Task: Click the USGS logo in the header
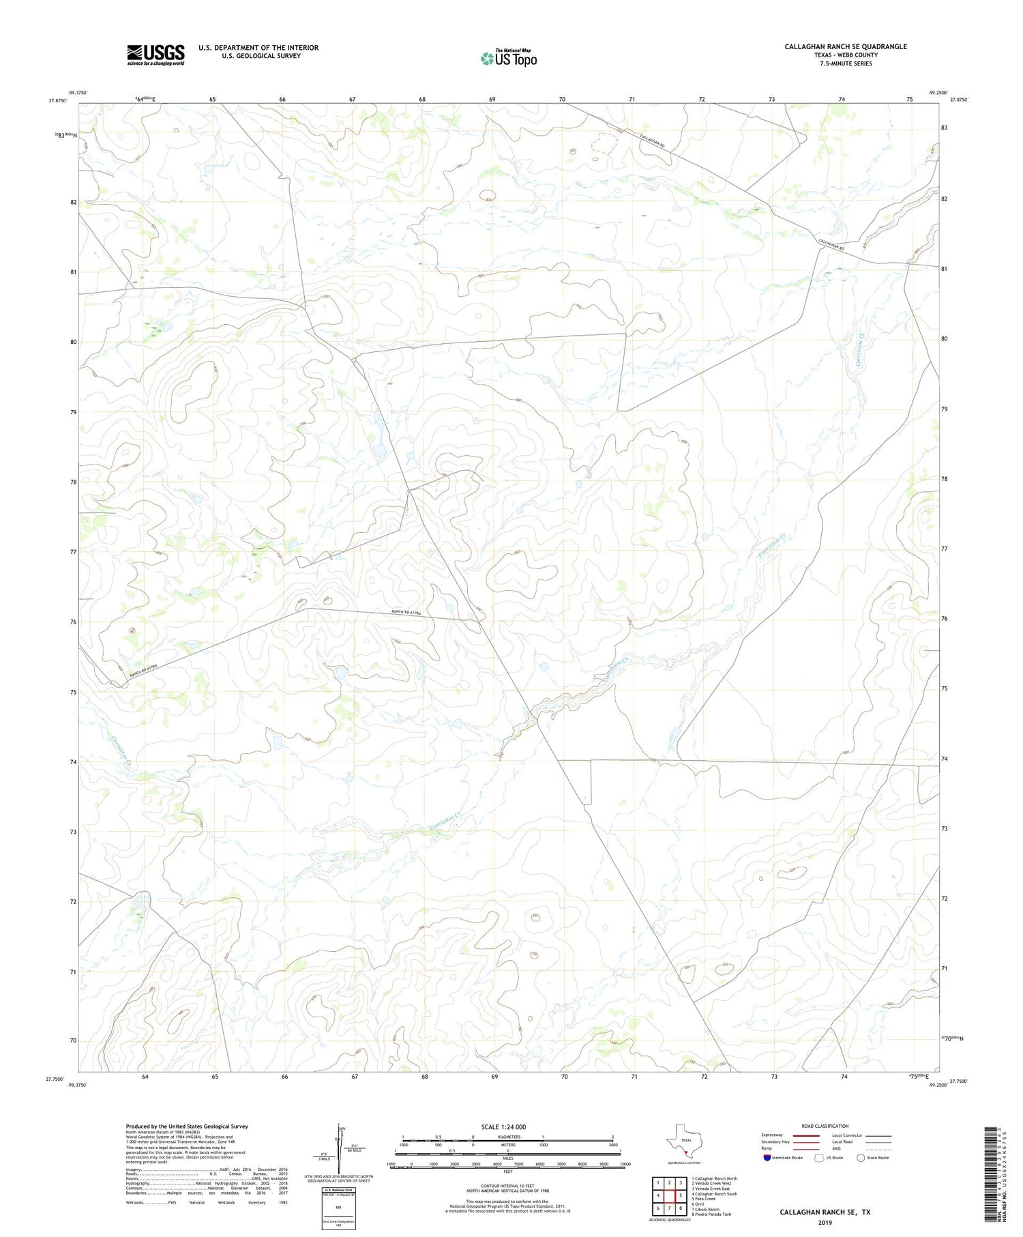pos(155,55)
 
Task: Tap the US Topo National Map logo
pos(508,58)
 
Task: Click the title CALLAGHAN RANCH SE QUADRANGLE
pos(845,46)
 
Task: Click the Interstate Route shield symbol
pos(767,1158)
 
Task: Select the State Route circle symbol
pos(861,1158)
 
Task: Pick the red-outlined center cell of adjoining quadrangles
pos(669,1195)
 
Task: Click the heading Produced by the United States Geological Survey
pos(186,1126)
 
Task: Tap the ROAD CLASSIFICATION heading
pos(825,1126)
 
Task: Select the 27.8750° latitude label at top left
pos(58,101)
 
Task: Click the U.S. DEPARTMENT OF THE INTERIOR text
pos(258,48)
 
